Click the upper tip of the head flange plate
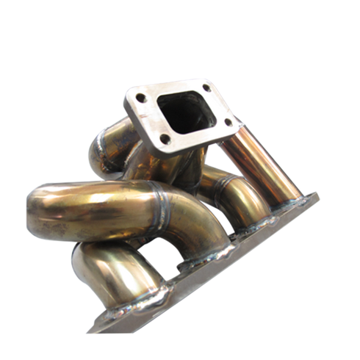pyautogui.click(x=317, y=193)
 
